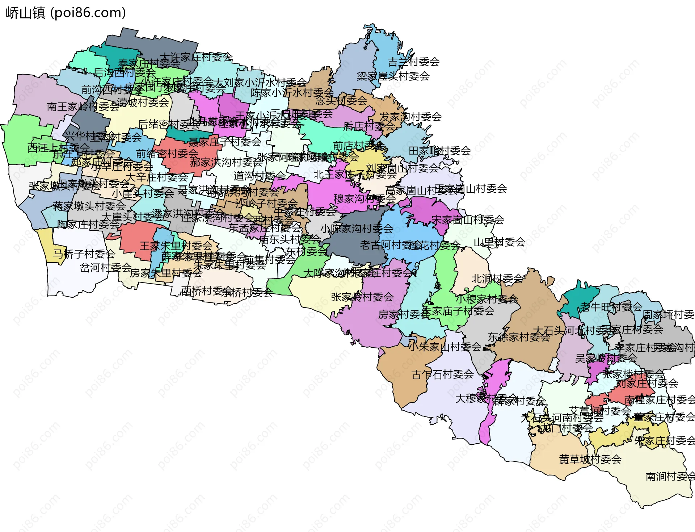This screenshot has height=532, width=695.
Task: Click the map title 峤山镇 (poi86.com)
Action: (66, 13)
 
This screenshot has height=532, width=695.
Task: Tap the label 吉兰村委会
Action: (414, 62)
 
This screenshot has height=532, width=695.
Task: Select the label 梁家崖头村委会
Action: (393, 76)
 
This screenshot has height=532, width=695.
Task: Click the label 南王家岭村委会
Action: (83, 106)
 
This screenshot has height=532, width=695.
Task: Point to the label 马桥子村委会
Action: (84, 254)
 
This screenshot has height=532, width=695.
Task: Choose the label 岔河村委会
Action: (105, 268)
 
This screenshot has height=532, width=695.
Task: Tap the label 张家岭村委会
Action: (362, 297)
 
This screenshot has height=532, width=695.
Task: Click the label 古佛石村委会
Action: (442, 374)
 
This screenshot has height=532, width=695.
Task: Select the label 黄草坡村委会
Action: (590, 459)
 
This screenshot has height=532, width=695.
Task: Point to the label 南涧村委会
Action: (670, 477)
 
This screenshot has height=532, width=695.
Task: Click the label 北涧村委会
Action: (497, 279)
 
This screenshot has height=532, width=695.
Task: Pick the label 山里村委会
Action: (500, 242)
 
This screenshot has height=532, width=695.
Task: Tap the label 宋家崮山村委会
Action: (468, 219)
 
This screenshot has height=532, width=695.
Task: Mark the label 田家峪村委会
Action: (439, 151)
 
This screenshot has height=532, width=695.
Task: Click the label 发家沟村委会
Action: (410, 117)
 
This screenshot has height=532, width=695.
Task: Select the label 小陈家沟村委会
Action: (357, 229)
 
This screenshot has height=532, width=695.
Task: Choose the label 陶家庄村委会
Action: (88, 225)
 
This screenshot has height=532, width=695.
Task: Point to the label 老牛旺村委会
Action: (611, 307)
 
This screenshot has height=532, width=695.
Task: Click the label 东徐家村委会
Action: (519, 337)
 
